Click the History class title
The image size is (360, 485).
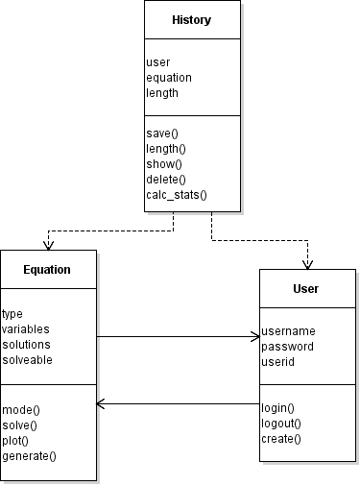(x=191, y=20)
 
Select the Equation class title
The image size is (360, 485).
(x=48, y=269)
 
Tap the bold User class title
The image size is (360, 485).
(x=306, y=288)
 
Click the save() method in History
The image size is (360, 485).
(x=164, y=133)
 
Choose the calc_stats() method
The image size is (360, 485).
(x=177, y=194)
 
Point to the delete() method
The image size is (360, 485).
(x=166, y=179)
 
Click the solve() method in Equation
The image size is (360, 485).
(x=20, y=424)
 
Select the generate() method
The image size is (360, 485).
(x=29, y=455)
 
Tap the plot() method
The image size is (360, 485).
(x=17, y=440)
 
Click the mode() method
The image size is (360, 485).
(x=21, y=409)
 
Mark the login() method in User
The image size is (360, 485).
(x=277, y=408)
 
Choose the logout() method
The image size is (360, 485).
(x=281, y=424)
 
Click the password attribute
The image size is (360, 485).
(x=288, y=347)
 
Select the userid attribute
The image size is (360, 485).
(x=277, y=362)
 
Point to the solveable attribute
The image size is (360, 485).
(x=28, y=359)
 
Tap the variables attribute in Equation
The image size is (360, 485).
(x=26, y=328)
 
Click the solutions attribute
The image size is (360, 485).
(x=26, y=344)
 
